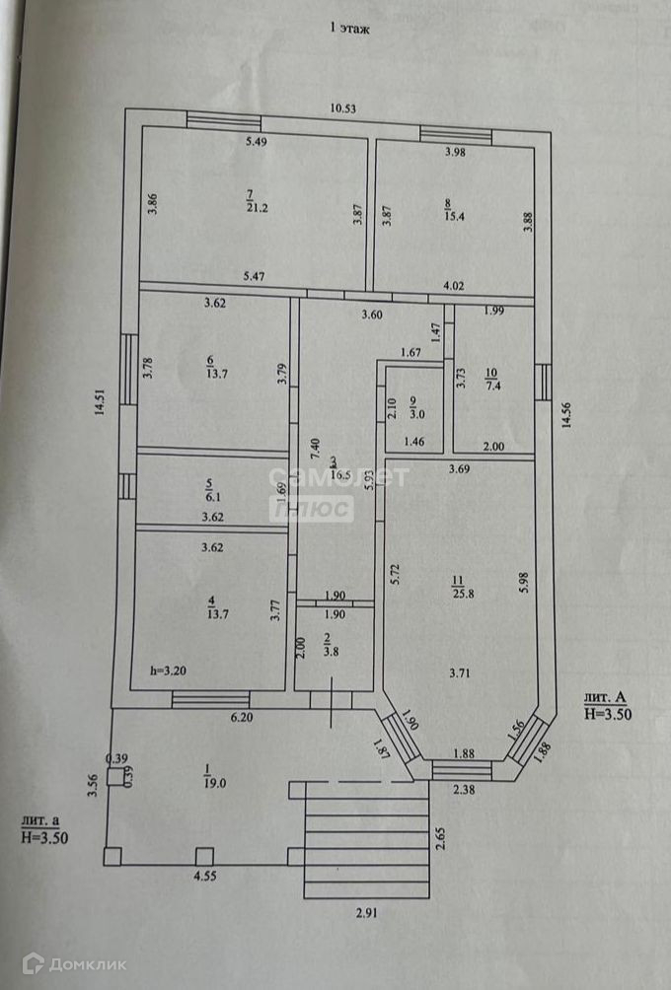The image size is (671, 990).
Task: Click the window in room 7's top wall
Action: point(224,122)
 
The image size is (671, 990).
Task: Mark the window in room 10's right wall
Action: point(543,382)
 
